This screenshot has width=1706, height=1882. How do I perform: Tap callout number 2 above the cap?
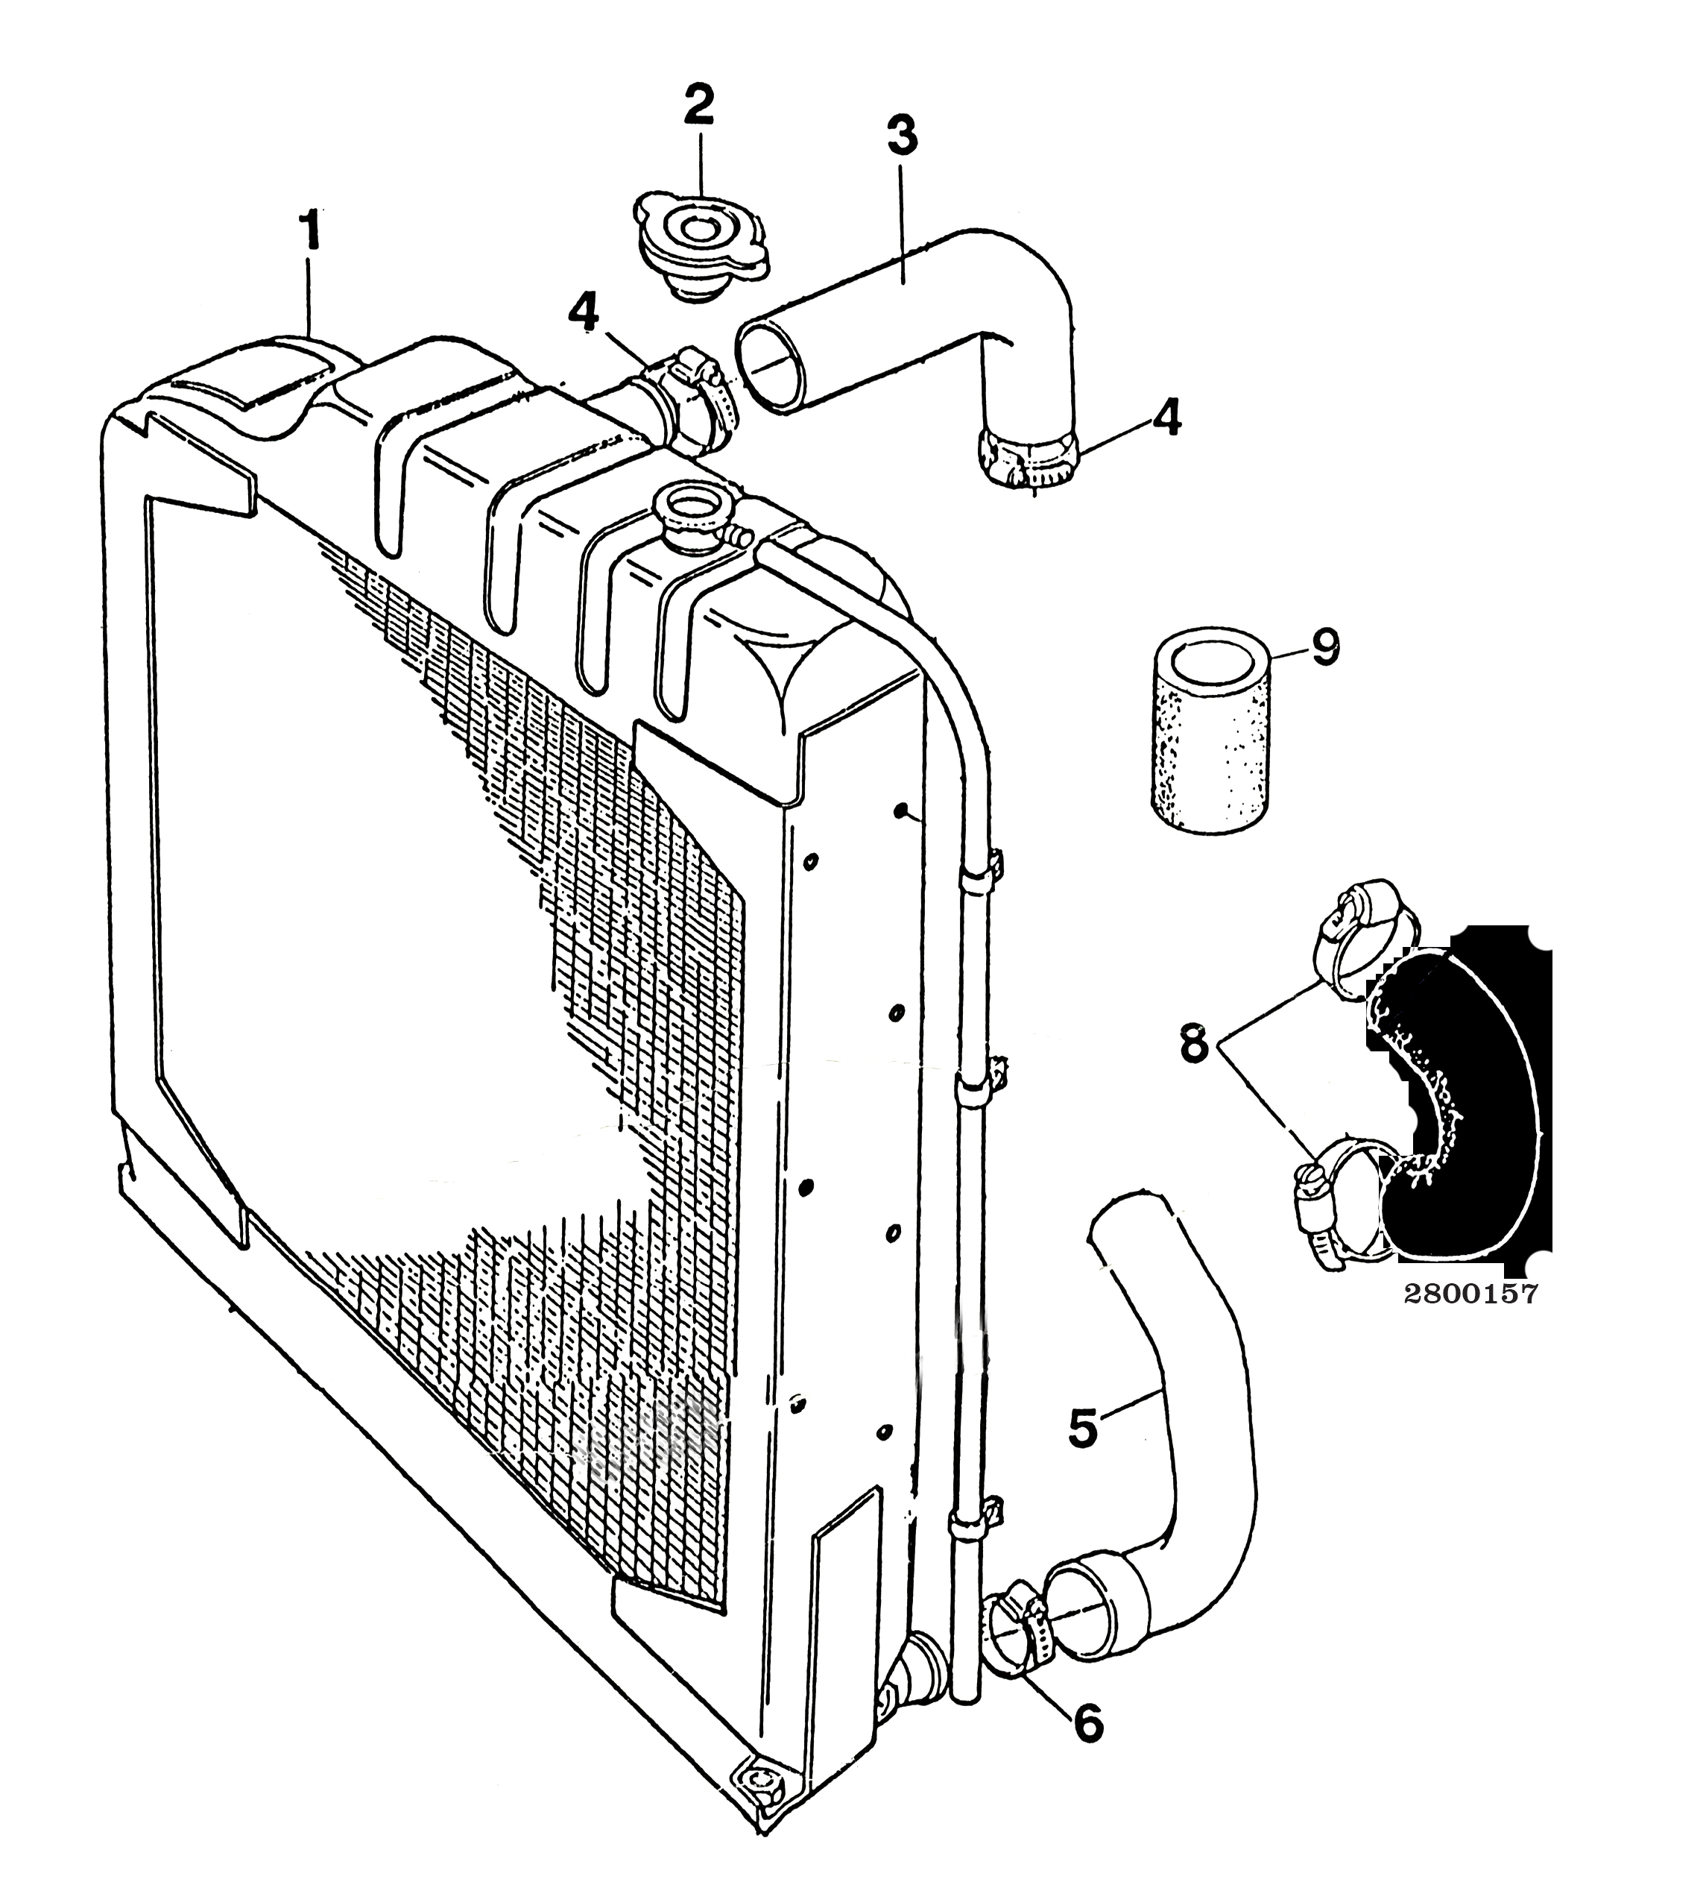[698, 107]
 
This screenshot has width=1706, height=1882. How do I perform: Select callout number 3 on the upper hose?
[902, 136]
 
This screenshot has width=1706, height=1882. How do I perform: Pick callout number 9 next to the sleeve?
[1324, 647]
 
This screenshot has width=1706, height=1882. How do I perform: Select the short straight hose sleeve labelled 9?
[1210, 732]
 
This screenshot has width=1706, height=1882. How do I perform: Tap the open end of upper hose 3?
[770, 364]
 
